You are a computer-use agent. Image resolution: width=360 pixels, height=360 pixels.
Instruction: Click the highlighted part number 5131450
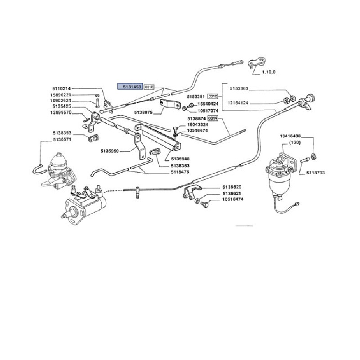tap(130, 85)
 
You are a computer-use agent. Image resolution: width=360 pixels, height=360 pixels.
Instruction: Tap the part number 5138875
tap(144, 111)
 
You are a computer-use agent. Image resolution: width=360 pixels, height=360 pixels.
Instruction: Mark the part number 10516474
tap(232, 199)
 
